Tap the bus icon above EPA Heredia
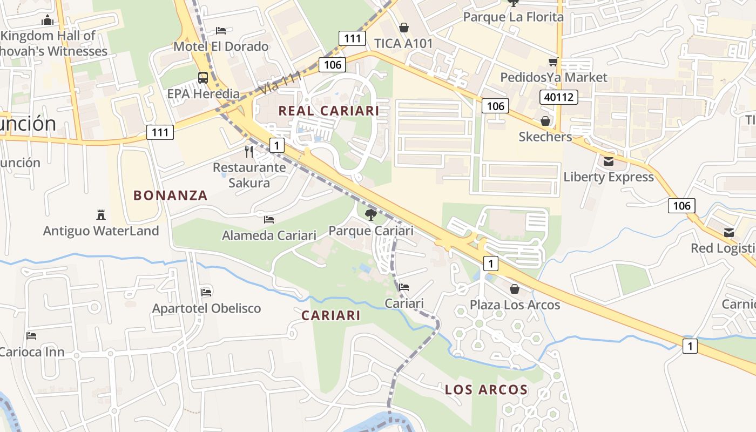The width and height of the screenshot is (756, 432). click(203, 78)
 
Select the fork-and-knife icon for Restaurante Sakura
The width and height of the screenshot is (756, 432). click(249, 151)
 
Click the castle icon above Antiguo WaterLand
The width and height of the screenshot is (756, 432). click(100, 215)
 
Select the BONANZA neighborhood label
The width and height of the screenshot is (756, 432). click(171, 195)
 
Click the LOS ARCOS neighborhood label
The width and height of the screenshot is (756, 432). click(487, 389)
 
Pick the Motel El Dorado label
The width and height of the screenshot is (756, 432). click(221, 46)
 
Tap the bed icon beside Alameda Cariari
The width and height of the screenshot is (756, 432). click(269, 220)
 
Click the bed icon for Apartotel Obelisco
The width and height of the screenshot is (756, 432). click(206, 292)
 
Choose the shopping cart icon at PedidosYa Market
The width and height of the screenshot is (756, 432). click(553, 62)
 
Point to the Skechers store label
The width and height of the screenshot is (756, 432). click(545, 137)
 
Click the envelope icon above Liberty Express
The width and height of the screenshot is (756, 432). click(609, 161)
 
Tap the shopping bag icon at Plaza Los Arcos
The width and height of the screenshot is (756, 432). click(515, 289)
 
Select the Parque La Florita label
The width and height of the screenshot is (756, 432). click(513, 17)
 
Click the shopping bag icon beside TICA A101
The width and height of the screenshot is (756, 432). click(403, 28)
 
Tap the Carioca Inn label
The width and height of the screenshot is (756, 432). click(32, 352)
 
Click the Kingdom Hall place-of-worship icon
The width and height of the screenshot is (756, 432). click(48, 21)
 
